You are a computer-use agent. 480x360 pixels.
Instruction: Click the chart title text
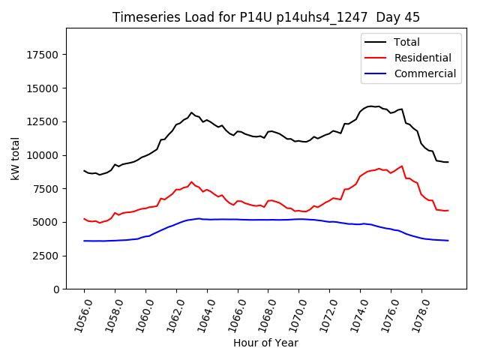pos(266,17)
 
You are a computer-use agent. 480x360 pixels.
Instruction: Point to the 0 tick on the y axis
pos(57,289)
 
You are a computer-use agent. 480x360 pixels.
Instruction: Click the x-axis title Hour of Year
pos(265,343)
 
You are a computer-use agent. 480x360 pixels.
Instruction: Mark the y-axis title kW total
pos(15,159)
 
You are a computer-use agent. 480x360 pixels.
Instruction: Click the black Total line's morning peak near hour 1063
pos(191,112)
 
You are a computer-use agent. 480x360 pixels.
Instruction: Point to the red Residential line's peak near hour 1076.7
pos(402,166)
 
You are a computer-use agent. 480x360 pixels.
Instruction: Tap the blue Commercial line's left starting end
pos(84,241)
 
